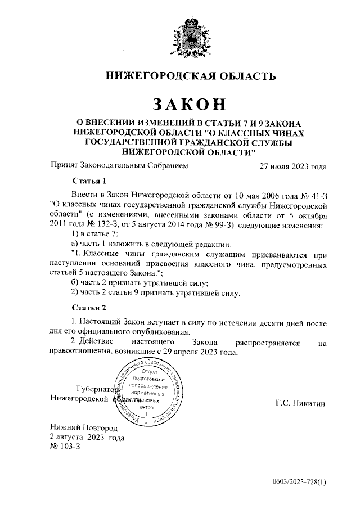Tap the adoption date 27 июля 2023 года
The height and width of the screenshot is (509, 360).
click(x=292, y=166)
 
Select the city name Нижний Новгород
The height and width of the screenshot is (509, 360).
click(x=84, y=427)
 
